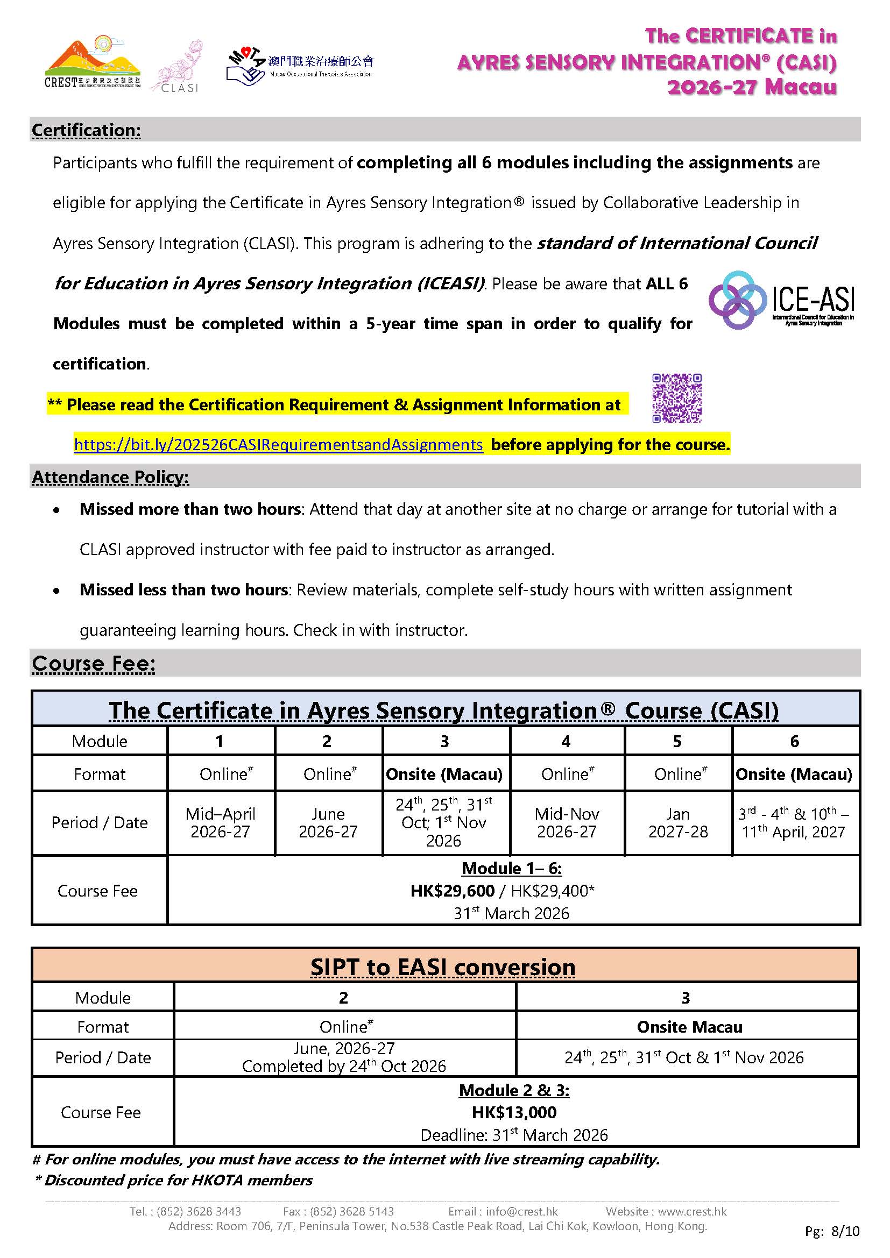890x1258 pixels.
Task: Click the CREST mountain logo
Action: (x=92, y=63)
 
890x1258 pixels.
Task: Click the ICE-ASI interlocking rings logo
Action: (x=781, y=300)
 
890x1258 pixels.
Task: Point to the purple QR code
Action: (x=677, y=399)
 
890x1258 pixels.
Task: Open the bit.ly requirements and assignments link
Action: (x=278, y=445)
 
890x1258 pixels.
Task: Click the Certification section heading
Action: (x=86, y=130)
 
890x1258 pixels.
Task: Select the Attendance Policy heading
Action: (x=110, y=477)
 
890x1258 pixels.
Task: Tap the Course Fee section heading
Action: (x=94, y=664)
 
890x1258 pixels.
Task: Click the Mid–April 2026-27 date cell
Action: (x=220, y=822)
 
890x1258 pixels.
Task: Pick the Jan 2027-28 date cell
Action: (x=678, y=822)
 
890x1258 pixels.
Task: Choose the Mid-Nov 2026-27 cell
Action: (x=567, y=822)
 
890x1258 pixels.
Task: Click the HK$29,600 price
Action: (x=453, y=891)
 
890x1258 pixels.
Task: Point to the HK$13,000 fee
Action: (x=514, y=1112)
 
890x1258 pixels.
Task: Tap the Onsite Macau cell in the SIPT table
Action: (x=689, y=1027)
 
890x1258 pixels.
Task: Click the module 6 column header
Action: (x=795, y=741)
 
